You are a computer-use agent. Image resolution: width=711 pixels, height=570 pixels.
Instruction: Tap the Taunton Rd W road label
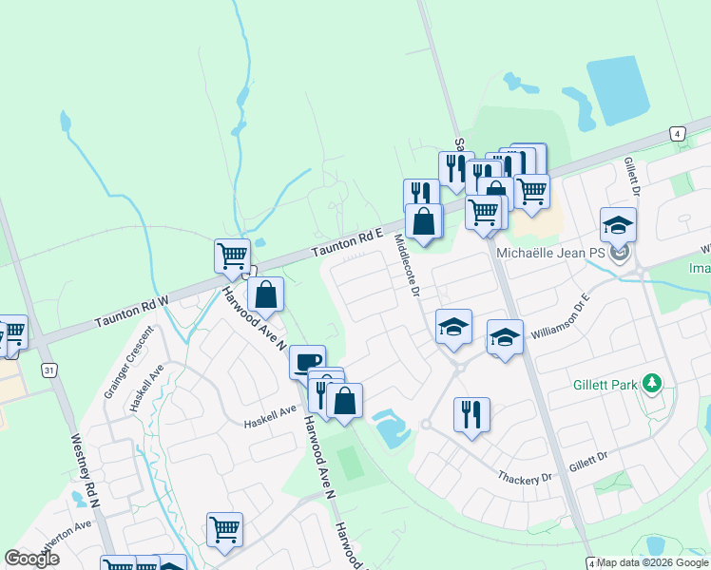131,312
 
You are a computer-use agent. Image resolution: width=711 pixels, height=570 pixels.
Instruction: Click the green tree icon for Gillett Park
652,383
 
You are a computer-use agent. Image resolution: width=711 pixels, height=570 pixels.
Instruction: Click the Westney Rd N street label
85,471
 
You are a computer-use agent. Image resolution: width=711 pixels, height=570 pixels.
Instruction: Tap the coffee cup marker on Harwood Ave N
307,362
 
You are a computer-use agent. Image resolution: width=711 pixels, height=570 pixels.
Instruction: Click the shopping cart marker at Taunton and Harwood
232,256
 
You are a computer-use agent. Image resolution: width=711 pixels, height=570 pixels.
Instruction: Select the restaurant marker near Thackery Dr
471,414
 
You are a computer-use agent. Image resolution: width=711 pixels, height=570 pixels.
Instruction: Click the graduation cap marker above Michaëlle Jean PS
618,225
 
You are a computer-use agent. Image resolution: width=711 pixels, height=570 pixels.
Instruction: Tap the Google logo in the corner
31,558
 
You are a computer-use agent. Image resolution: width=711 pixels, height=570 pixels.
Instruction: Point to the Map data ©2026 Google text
653,562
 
